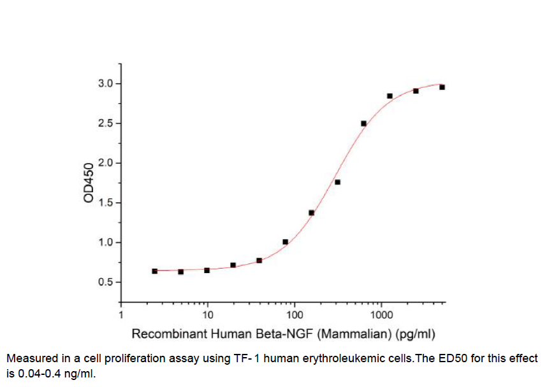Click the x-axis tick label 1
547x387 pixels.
pos(121,314)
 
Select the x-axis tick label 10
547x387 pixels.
pos(208,314)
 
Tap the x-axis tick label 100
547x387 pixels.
pos(295,314)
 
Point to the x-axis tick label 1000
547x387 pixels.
pos(381,314)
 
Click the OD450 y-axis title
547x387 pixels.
pos(89,183)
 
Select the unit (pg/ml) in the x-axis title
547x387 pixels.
pos(416,333)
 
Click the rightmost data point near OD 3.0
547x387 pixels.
pos(442,87)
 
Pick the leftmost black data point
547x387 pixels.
pos(155,271)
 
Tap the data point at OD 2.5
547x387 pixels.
pos(363,123)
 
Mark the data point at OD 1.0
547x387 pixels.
pos(285,242)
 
